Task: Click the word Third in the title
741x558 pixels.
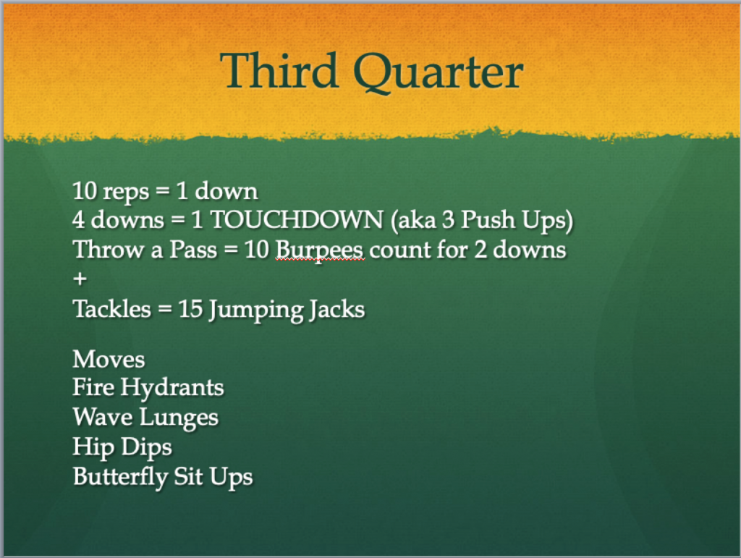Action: (x=279, y=70)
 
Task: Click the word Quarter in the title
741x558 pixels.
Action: (x=439, y=72)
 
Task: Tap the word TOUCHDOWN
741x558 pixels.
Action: (x=297, y=220)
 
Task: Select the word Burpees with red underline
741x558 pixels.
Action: (x=319, y=250)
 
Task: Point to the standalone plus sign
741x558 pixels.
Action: (x=80, y=279)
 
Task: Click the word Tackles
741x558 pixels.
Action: (x=112, y=309)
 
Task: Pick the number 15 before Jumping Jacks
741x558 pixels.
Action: (x=190, y=310)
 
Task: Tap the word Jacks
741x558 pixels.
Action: (x=336, y=310)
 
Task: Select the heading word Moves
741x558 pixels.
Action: (x=109, y=359)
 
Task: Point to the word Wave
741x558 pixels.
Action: (x=103, y=417)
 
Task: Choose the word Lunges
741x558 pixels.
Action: (x=179, y=418)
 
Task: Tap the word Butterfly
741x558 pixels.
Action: (x=120, y=477)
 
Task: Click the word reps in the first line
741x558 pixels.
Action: (x=126, y=192)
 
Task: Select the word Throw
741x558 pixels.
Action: (x=109, y=250)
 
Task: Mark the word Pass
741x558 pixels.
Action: (x=193, y=250)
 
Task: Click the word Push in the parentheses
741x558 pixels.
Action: (x=488, y=220)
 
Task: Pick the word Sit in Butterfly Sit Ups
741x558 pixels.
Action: (x=189, y=476)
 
